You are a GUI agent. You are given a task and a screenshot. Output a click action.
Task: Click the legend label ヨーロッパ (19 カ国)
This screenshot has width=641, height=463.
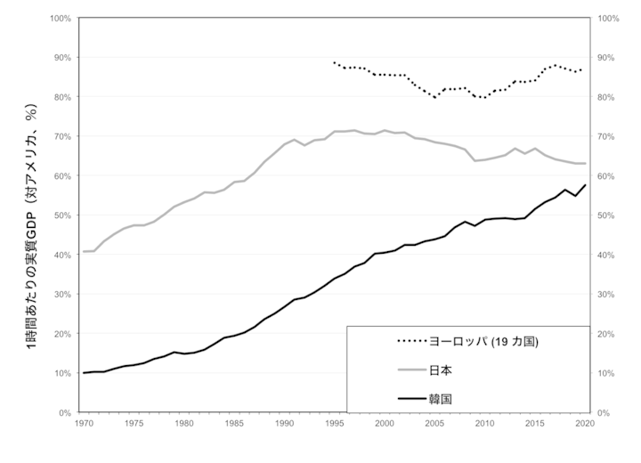click(484, 341)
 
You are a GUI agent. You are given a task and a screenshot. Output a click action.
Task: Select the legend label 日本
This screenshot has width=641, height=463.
click(442, 370)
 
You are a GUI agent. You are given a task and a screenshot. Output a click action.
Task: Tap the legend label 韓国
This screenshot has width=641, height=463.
click(442, 399)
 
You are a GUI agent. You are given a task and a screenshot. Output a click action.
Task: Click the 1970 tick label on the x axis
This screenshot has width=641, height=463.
click(84, 424)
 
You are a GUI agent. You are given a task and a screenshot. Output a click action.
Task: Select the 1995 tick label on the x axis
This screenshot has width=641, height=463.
click(334, 424)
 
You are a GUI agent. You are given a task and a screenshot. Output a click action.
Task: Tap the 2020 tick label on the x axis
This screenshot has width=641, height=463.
click(584, 424)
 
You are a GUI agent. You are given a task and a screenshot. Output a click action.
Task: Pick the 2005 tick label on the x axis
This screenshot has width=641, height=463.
click(434, 424)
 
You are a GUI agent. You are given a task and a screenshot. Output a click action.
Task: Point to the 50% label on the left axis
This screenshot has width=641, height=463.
click(64, 215)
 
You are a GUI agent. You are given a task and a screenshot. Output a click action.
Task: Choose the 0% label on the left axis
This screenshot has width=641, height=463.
click(67, 413)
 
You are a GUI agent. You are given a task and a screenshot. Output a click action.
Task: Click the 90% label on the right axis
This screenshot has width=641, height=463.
click(609, 57)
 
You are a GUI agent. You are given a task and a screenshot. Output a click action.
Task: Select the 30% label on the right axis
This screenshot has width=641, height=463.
click(609, 295)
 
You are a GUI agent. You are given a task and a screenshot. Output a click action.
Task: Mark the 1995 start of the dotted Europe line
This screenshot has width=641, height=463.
click(334, 62)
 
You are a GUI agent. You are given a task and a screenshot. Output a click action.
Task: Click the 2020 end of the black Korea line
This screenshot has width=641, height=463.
click(585, 185)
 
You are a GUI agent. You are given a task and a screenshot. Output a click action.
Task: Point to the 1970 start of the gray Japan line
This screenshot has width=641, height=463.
click(84, 252)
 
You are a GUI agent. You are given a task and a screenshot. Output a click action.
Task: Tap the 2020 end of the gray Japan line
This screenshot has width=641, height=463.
click(585, 163)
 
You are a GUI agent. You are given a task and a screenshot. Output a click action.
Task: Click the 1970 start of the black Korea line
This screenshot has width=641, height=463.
click(84, 373)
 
